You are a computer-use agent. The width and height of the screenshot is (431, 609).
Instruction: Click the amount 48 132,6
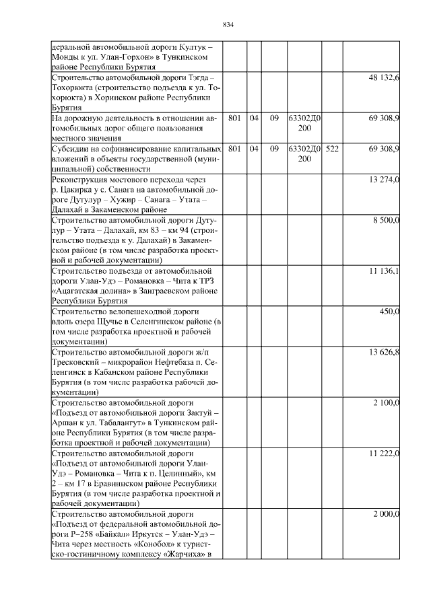pos(385,79)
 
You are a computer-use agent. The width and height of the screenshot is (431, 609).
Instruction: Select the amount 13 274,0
pos(385,180)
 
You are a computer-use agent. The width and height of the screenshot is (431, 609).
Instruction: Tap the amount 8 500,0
pos(387,220)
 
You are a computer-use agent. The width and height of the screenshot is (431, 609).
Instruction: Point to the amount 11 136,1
pos(385,271)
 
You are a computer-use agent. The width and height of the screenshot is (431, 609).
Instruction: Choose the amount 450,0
pos(390,311)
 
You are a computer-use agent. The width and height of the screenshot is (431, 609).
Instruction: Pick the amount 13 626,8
pos(385,351)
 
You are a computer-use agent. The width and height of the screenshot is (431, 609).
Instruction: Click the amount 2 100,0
pos(387,402)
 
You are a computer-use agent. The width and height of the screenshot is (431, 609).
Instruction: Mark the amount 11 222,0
pos(385,453)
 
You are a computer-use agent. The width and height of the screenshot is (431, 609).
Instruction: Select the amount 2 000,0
pos(387,514)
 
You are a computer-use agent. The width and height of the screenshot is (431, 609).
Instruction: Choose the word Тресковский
pos(77,361)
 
